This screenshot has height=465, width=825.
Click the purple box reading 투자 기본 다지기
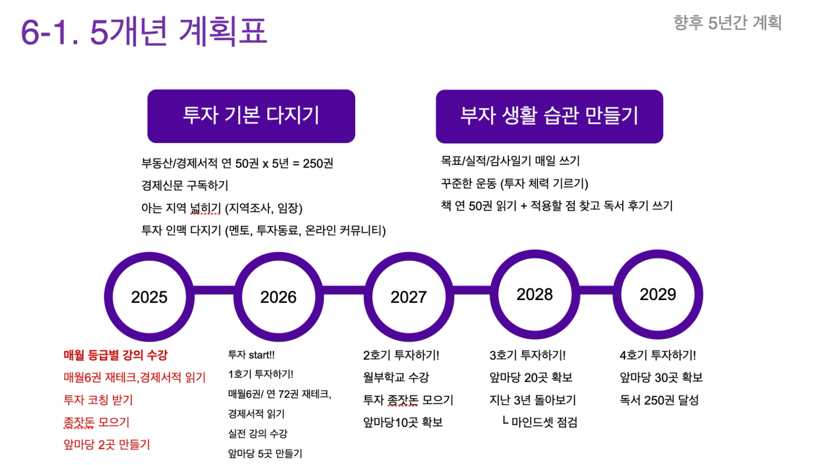pos(251,116)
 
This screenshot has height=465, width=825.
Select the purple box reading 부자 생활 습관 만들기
pos(549,116)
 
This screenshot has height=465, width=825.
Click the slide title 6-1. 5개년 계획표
pos(144,31)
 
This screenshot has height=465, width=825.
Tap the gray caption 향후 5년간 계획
pos(728,23)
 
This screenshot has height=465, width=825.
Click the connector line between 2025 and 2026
pos(214,290)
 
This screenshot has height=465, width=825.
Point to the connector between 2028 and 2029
pos(597,290)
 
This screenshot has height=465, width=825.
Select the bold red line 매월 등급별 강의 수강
pos(115,355)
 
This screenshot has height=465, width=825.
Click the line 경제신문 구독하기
pos(185,185)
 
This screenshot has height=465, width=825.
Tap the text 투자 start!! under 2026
pos(251,355)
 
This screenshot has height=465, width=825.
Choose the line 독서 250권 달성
pos(659,400)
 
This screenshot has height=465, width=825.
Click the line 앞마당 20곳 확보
pos(531,377)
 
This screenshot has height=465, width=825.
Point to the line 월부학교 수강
pos(396,377)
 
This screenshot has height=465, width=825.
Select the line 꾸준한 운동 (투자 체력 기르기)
pos(514,184)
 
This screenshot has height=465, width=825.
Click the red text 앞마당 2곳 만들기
pos(107,445)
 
